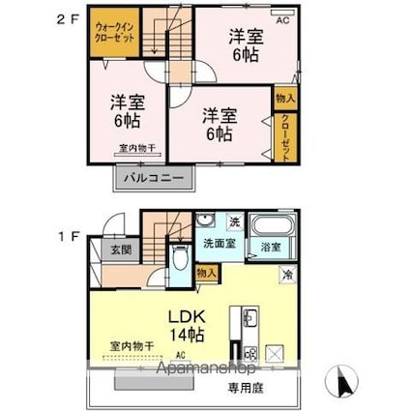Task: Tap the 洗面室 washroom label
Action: [x=218, y=244]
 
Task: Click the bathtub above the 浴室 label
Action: [x=270, y=227]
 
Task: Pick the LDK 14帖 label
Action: [x=187, y=323]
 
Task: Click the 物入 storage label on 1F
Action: [x=206, y=274]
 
